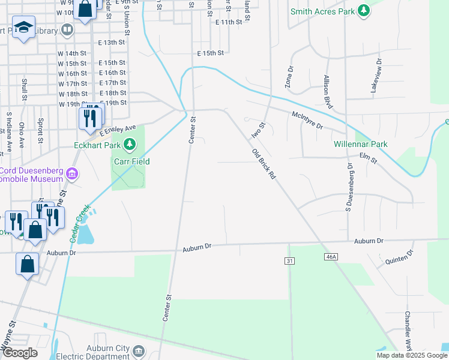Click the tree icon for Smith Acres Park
point(363,11)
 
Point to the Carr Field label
point(131,161)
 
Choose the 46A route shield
point(330,257)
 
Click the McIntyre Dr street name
point(307,121)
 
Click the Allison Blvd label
point(328,91)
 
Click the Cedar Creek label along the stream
point(80,223)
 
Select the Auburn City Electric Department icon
point(139,350)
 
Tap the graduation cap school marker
point(23,28)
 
